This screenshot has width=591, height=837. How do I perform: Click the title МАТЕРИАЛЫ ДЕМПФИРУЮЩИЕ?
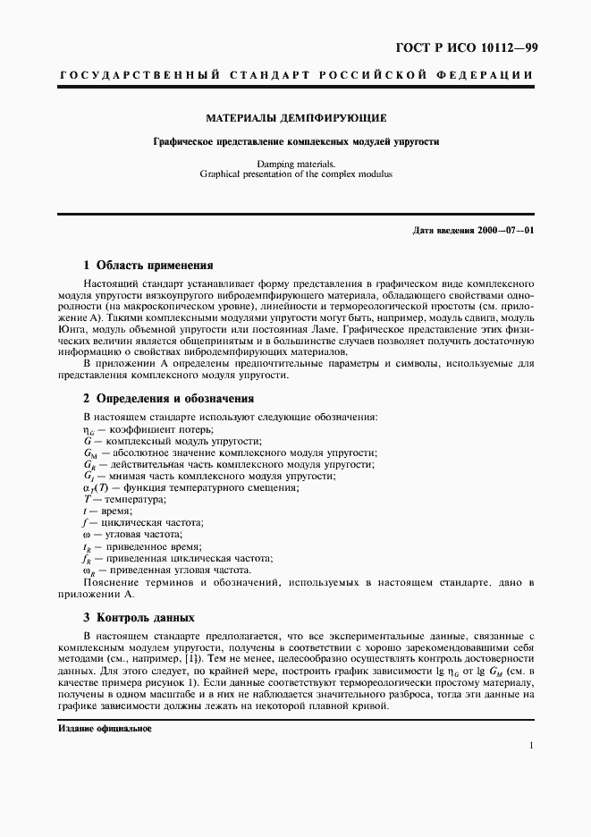(x=296, y=118)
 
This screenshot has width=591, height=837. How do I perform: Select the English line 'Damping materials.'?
(x=296, y=165)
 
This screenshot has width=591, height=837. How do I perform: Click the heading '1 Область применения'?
(x=148, y=265)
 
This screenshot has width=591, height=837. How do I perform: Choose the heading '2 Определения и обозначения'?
(x=168, y=399)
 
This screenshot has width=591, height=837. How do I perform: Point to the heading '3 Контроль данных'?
(x=139, y=617)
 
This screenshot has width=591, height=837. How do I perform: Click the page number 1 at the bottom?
(x=531, y=746)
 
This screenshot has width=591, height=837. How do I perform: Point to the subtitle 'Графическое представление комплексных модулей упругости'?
(x=296, y=141)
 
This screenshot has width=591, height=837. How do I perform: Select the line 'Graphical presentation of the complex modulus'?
(x=296, y=174)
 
